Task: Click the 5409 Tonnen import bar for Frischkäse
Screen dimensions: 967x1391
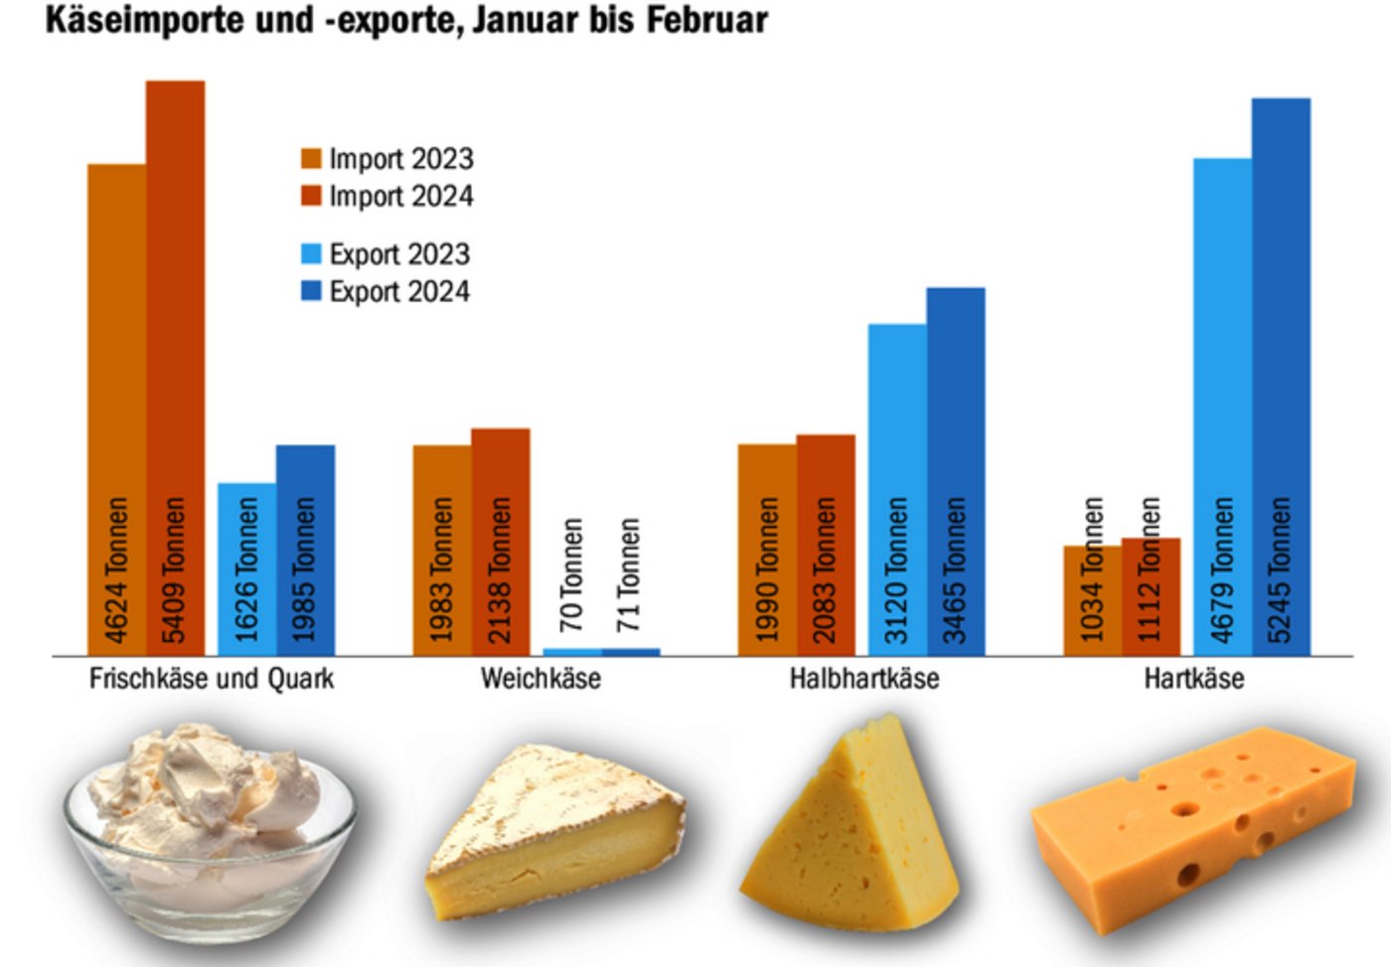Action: pos(176,368)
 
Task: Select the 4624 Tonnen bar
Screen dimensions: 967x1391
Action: pos(117,407)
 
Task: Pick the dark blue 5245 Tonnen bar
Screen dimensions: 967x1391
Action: pos(1281,378)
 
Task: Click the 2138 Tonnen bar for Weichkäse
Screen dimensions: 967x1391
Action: pos(501,542)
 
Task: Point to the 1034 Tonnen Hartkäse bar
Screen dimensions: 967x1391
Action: pos(1092,600)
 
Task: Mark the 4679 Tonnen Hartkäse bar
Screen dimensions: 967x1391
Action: pos(1222,407)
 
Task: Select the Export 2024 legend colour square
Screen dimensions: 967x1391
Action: pos(312,291)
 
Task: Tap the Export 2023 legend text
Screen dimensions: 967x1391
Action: pos(399,254)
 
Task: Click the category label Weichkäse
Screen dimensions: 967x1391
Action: pos(541,679)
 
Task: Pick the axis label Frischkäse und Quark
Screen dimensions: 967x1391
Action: pos(212,679)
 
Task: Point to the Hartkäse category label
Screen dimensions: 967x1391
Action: pos(1193,679)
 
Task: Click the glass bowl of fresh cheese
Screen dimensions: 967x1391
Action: pos(210,835)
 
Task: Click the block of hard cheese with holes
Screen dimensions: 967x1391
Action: pos(1192,830)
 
